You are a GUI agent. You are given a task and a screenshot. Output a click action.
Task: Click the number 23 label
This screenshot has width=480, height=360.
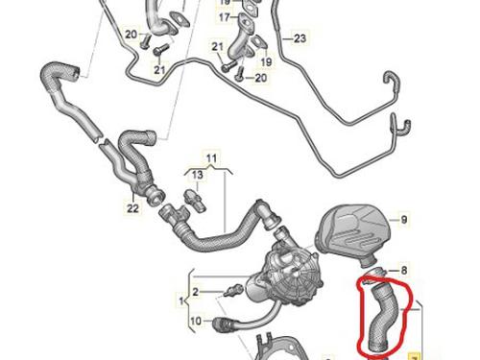300,38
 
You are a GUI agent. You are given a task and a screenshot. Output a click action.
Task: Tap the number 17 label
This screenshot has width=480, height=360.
225,17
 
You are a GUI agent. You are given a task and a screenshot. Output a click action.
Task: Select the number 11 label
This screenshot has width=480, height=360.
211,158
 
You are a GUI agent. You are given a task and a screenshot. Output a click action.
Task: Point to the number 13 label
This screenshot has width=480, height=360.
198,175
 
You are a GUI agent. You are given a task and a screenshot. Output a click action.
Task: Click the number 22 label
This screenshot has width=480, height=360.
132,208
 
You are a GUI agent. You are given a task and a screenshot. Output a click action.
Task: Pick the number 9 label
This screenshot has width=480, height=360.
404,220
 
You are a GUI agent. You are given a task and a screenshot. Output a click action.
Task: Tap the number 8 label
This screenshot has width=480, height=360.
404,271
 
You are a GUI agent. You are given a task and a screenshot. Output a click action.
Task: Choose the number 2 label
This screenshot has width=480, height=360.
196,292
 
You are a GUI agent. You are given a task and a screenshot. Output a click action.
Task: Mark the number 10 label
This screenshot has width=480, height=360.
196,321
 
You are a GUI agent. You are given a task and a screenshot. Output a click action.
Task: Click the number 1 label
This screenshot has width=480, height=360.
181,301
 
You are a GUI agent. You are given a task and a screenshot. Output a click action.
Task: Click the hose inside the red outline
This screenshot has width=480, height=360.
383,318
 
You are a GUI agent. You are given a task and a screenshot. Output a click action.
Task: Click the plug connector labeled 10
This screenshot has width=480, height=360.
223,324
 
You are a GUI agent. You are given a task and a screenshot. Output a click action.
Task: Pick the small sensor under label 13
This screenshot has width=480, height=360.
194,201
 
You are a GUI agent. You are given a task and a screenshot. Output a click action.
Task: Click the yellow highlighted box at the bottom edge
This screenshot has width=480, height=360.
414,356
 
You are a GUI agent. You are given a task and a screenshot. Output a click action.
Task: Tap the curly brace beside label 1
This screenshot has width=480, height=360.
189,300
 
